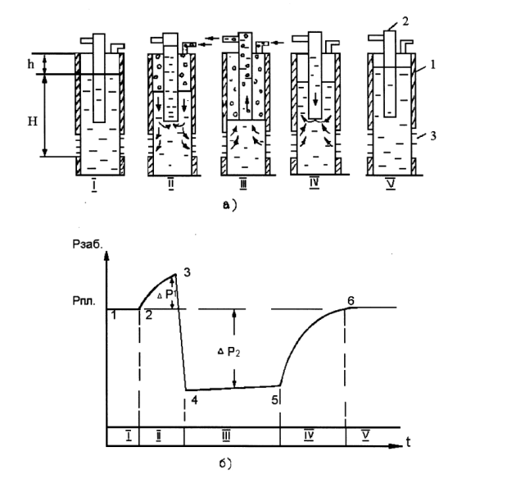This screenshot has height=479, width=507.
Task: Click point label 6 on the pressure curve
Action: tap(350, 300)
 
